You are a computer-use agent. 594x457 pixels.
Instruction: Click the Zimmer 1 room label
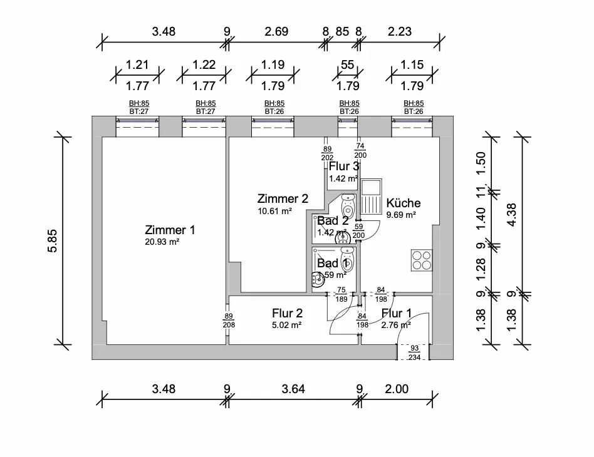pos(170,230)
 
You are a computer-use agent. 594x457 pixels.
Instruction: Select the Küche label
pos(404,203)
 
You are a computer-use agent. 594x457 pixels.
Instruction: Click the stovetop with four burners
pos(422,260)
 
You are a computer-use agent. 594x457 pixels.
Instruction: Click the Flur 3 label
pos(344,167)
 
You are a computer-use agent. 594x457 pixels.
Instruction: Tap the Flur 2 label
pos(288,313)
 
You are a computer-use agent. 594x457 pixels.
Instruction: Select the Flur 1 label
pos(397,313)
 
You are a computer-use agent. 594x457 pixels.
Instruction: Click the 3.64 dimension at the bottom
pos(293,389)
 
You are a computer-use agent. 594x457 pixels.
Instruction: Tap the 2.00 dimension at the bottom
pos(397,389)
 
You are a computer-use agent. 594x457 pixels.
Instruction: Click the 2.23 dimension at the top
pos(401,31)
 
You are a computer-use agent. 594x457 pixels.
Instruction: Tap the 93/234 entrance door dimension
pos(414,352)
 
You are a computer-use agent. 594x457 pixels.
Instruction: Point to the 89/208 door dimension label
pos(229,321)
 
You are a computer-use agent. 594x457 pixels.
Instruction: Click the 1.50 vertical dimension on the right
pos(481,163)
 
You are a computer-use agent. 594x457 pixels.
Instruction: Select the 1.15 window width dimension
pos(412,64)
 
